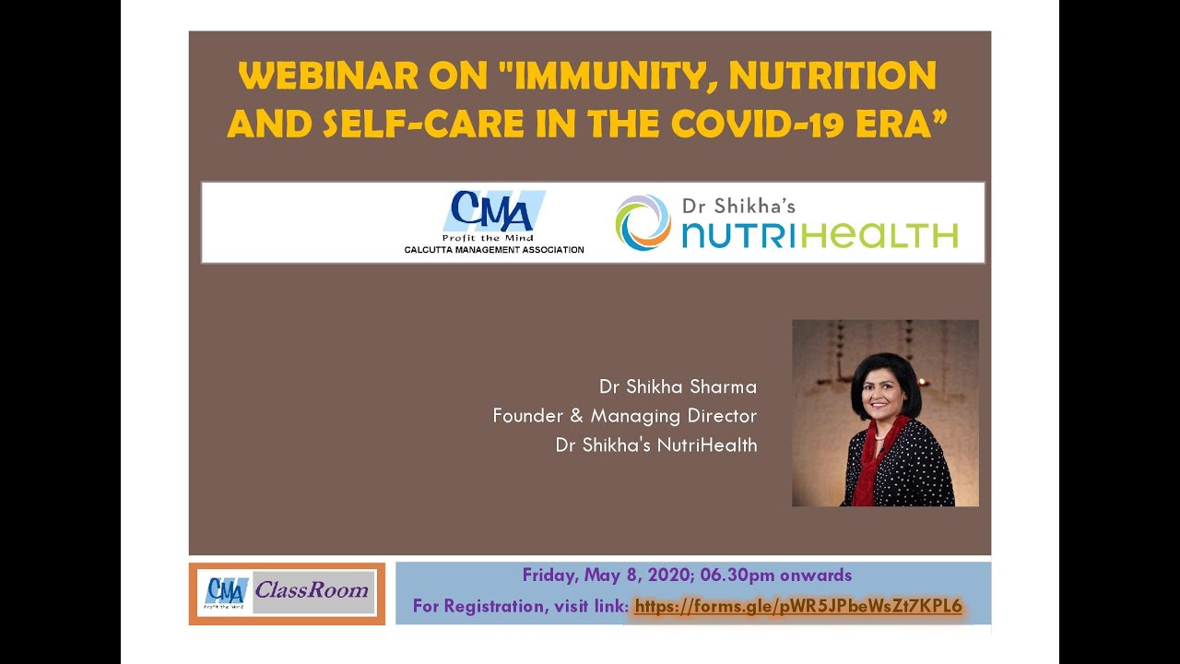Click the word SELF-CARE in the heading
(423, 125)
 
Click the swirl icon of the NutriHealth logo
(643, 222)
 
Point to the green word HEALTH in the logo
(879, 235)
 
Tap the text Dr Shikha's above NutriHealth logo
(738, 206)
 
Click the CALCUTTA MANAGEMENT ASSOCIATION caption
(494, 250)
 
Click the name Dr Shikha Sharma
(678, 386)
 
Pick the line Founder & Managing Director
(625, 416)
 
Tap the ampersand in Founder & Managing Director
(577, 416)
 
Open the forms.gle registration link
(798, 606)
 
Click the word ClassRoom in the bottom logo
(312, 590)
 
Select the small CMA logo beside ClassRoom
(226, 593)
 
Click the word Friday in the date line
(550, 575)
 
